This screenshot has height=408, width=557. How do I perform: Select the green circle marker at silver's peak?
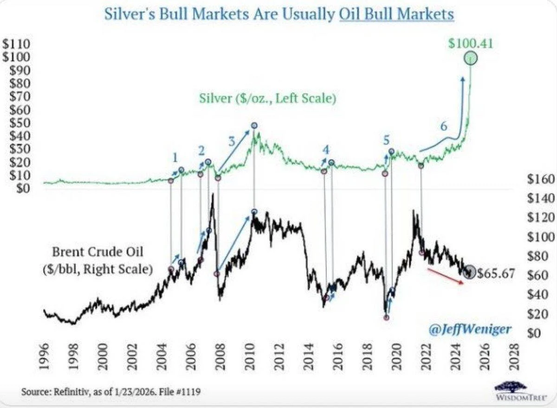click(471, 58)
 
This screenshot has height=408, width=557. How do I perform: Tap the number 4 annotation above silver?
click(326, 149)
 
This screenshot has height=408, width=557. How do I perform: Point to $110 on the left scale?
click(17, 45)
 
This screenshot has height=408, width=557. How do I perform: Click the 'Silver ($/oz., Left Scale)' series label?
click(267, 99)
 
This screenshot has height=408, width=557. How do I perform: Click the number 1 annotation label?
click(175, 157)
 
